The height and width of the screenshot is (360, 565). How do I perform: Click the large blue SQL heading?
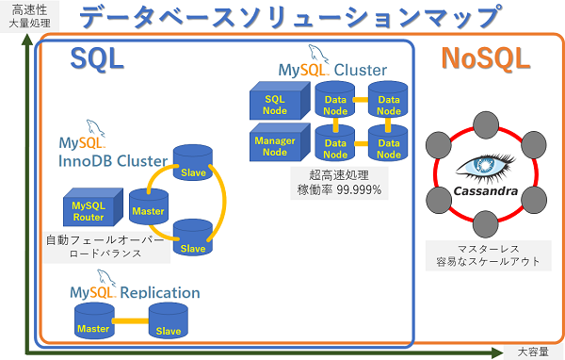(97, 58)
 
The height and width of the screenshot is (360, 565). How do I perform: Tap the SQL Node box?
(276, 105)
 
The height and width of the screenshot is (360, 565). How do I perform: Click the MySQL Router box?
(89, 210)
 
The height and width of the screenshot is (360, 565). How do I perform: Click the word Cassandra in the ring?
(488, 190)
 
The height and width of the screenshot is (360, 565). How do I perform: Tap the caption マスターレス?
(488, 246)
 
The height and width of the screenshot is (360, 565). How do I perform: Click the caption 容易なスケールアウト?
(488, 261)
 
